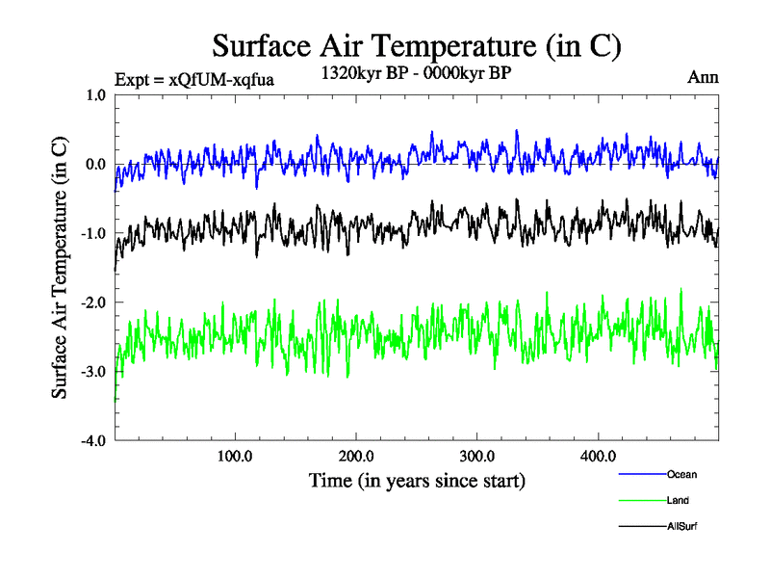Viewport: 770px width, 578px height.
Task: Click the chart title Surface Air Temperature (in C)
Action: click(x=417, y=45)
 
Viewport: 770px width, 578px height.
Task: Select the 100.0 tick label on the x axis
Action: click(x=235, y=456)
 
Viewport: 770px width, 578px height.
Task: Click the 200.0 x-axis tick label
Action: click(x=356, y=456)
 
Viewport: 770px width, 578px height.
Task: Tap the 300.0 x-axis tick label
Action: click(x=477, y=456)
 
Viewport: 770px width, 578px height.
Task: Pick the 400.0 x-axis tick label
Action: click(x=599, y=456)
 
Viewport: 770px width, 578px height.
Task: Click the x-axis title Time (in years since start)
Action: click(x=417, y=480)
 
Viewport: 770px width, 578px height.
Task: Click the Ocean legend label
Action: click(x=681, y=474)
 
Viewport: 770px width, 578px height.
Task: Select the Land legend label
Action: click(x=678, y=500)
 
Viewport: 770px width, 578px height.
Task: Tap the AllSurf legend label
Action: click(x=681, y=526)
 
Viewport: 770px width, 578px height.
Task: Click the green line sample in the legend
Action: click(x=641, y=500)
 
